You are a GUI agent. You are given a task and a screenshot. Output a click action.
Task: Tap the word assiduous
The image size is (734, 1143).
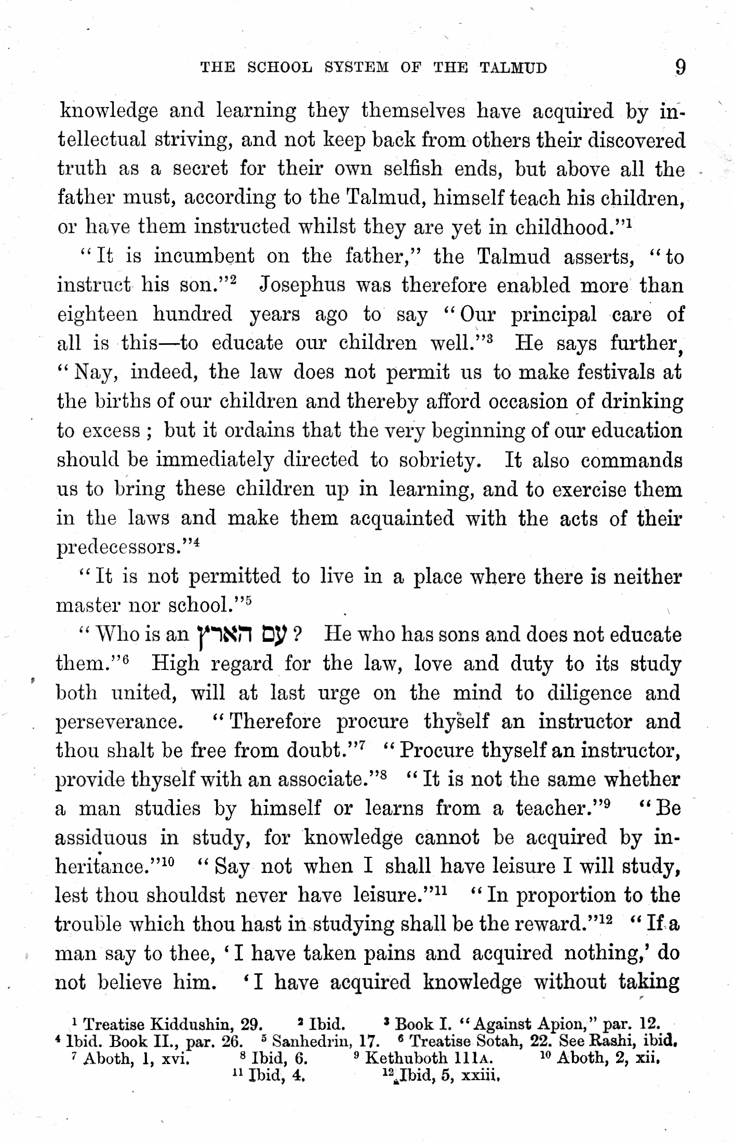point(101,838)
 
